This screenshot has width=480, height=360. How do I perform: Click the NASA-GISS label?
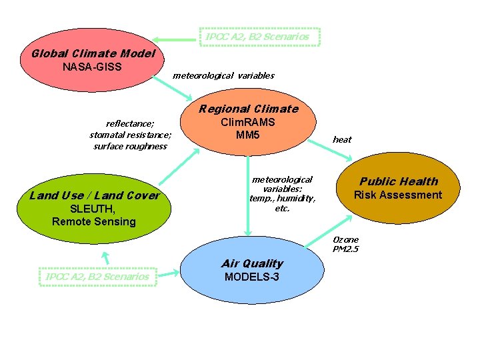click(x=92, y=67)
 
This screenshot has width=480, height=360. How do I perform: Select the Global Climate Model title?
click(x=94, y=53)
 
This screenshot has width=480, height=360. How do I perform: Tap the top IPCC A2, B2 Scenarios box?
click(x=259, y=37)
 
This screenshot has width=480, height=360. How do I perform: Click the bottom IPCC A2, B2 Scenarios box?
click(x=98, y=276)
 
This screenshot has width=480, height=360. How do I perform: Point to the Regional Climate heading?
click(x=248, y=109)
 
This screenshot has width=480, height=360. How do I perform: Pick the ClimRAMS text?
click(x=247, y=123)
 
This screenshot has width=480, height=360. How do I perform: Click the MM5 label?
click(x=247, y=135)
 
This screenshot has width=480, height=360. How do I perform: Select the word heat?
click(x=342, y=139)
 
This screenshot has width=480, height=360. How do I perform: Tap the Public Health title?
click(x=399, y=181)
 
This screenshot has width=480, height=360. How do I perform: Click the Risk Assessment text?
click(x=397, y=195)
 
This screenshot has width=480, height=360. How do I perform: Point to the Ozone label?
click(x=345, y=239)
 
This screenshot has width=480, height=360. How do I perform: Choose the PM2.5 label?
click(x=345, y=249)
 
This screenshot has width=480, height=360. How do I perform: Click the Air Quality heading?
click(x=253, y=263)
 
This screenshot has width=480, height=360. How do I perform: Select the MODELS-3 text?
click(x=252, y=277)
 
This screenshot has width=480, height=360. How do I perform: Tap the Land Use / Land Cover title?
click(x=95, y=195)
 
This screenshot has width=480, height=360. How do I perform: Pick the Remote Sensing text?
click(x=93, y=221)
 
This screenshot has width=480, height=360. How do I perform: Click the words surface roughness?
click(x=130, y=147)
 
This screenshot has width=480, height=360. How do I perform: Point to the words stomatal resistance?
click(x=130, y=135)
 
